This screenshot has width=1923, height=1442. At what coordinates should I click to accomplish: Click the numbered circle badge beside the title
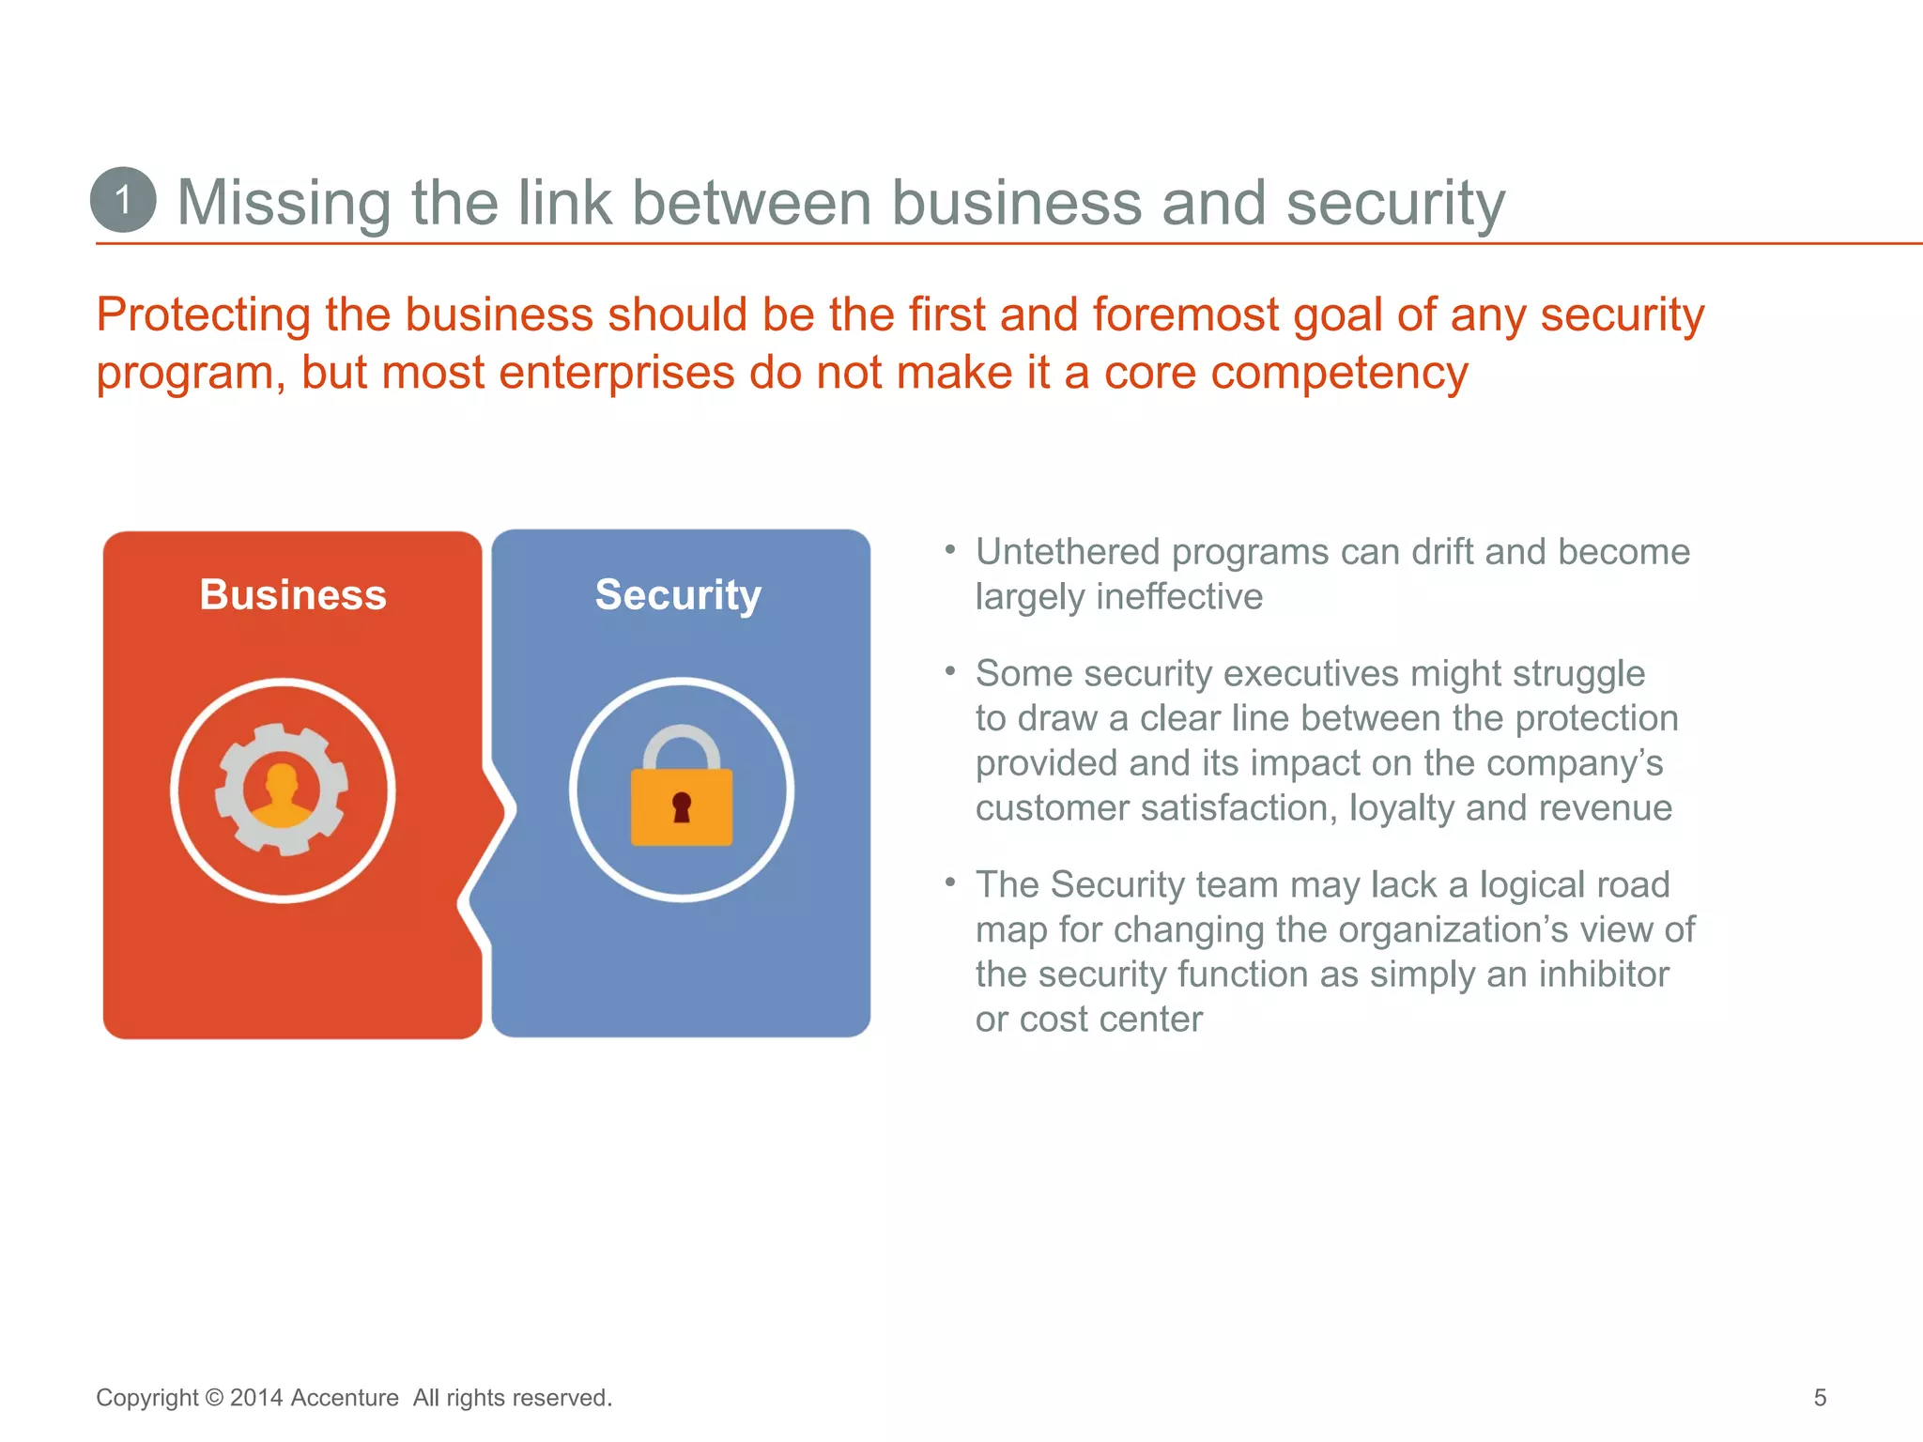click(x=123, y=200)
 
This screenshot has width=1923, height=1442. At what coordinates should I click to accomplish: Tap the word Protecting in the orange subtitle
click(x=203, y=314)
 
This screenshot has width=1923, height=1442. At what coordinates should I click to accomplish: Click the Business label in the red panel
click(x=293, y=595)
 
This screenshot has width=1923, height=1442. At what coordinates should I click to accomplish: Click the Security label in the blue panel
click(x=678, y=595)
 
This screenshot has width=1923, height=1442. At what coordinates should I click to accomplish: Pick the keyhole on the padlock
click(x=682, y=806)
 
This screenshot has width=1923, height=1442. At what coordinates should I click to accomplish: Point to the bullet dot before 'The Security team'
click(x=950, y=882)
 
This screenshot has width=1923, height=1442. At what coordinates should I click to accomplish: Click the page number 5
click(x=1820, y=1398)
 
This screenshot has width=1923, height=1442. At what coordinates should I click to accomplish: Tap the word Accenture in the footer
click(x=345, y=1398)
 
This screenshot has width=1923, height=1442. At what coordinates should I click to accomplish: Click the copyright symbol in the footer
click(x=214, y=1398)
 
